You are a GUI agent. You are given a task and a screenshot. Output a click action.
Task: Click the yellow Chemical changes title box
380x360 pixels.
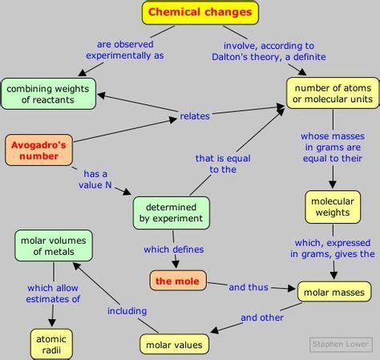pos(200,12)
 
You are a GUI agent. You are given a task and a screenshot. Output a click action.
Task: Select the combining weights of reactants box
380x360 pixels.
pos(49,94)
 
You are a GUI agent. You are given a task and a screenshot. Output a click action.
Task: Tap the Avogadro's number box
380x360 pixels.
pos(38,150)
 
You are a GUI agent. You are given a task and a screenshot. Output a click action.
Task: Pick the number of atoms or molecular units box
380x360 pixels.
pos(334,94)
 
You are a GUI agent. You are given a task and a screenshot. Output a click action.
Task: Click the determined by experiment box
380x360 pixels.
pos(172,212)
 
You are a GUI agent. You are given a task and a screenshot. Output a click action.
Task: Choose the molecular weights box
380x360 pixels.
pos(332,207)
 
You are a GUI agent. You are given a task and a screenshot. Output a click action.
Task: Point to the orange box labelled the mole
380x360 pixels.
pos(178,281)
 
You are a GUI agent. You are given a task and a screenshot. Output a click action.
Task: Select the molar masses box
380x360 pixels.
pos(334,292)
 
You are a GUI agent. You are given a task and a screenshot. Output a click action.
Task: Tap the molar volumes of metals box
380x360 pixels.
pos(54,245)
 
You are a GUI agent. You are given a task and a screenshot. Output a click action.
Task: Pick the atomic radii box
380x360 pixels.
pos(51,344)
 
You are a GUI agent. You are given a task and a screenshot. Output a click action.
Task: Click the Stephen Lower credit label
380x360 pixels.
pos(341,345)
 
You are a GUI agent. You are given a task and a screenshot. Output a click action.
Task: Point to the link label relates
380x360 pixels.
pos(195,116)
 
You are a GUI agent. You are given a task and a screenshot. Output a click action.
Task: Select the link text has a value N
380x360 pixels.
pos(95,179)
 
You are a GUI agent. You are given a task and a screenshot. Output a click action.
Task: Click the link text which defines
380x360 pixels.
pos(174,249)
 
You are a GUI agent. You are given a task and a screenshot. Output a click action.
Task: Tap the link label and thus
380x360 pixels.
pos(248,286)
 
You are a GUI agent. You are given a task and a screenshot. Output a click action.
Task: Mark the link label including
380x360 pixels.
pos(127,310)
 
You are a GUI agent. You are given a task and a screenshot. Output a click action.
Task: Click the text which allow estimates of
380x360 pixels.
pos(54,293)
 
